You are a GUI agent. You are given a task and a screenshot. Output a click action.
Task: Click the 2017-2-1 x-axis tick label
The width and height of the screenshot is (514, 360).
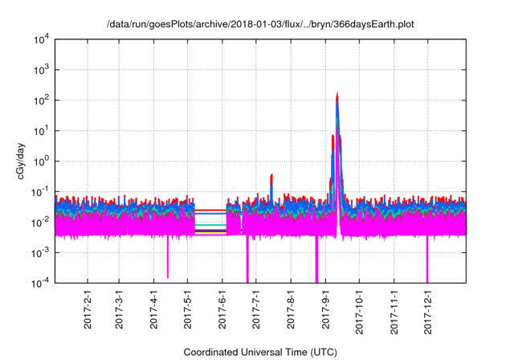coord(87,310)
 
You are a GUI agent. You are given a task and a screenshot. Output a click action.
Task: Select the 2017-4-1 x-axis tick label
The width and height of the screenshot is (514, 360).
coord(153,310)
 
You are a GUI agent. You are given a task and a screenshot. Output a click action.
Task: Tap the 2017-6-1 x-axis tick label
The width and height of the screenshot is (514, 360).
coord(222,310)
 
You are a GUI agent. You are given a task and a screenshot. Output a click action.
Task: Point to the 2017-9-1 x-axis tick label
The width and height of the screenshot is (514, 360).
coord(326,310)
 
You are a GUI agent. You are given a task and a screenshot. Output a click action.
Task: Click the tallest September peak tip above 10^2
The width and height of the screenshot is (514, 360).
coord(337,93)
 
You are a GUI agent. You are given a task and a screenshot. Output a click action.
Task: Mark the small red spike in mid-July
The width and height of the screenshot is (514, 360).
coord(271,175)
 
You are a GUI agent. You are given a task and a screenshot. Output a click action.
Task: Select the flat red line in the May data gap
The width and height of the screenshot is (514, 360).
coord(210,211)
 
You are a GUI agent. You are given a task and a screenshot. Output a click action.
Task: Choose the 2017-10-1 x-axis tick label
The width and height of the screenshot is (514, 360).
coord(360,310)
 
